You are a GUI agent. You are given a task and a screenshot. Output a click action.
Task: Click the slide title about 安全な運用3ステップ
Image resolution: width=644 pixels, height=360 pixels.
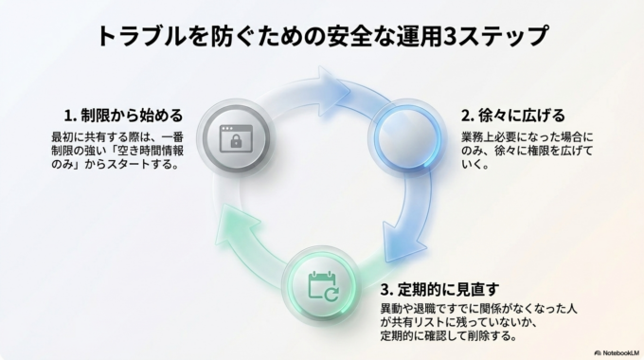[322, 36]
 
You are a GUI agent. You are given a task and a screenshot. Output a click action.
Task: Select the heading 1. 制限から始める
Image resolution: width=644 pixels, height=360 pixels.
[116, 115]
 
